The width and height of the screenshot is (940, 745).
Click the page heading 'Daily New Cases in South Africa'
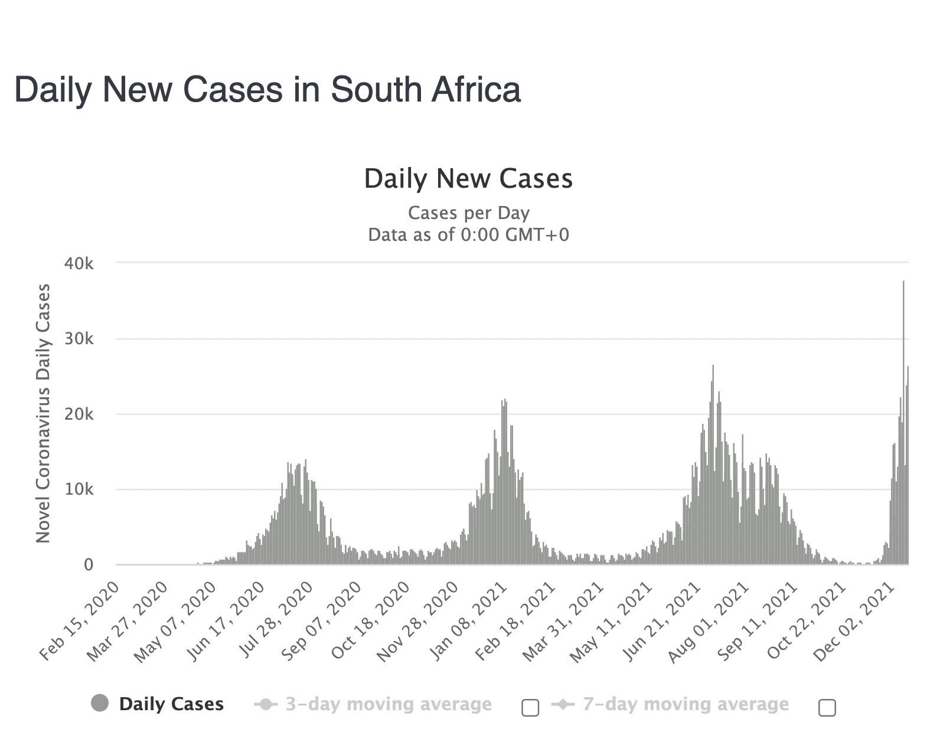tap(267, 90)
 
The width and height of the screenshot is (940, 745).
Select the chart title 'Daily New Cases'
tap(468, 178)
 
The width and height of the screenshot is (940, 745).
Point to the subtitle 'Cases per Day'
tap(468, 213)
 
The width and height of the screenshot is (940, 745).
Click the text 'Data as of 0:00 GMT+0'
tap(468, 234)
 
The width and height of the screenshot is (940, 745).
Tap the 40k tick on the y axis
tap(79, 263)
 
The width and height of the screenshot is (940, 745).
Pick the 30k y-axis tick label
tap(79, 339)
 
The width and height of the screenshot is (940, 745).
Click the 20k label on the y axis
tap(79, 414)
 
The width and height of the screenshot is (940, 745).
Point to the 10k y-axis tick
tap(79, 489)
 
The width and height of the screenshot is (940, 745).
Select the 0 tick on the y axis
tap(88, 565)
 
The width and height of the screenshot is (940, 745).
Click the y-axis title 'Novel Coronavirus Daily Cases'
tap(43, 413)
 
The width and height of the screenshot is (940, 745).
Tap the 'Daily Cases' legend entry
tap(171, 704)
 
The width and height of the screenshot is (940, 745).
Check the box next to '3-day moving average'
tap(530, 707)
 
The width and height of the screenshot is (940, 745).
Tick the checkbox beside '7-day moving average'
tap(827, 707)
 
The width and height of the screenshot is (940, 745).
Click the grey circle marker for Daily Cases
tap(100, 703)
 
